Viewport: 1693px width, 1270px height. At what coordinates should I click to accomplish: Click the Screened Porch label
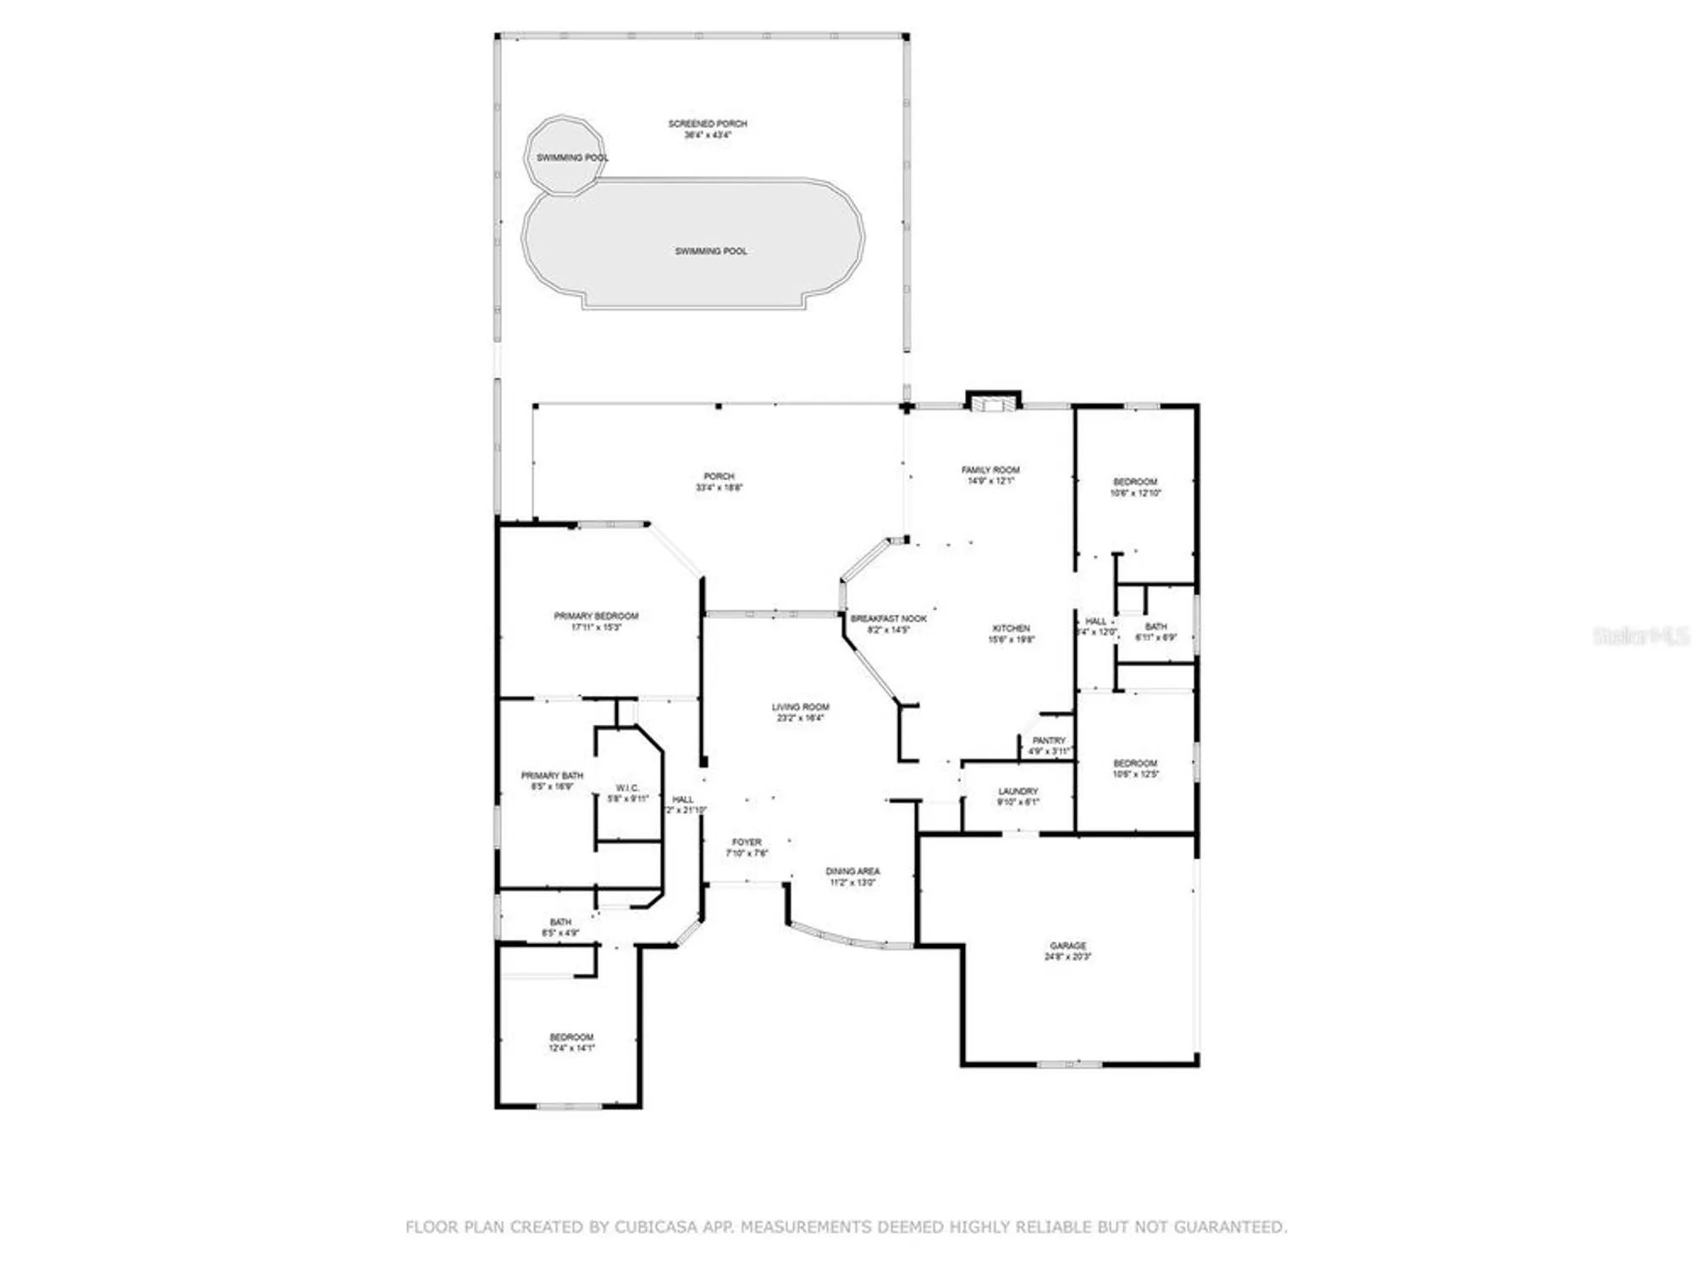tap(708, 124)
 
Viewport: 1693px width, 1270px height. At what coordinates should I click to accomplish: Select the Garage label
tap(1067, 945)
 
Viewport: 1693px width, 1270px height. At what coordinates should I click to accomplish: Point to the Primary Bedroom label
tap(596, 616)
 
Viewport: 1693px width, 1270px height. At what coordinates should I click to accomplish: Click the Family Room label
tap(990, 469)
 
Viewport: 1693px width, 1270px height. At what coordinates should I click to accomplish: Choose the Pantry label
tap(1049, 740)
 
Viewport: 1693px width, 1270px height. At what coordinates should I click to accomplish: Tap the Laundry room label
tap(1017, 791)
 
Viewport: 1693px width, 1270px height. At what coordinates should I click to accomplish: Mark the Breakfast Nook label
tap(888, 619)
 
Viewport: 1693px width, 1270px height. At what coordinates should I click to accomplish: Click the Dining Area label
tap(852, 870)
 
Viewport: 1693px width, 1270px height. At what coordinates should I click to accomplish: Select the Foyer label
tap(747, 842)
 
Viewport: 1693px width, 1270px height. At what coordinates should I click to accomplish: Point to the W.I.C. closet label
tap(627, 787)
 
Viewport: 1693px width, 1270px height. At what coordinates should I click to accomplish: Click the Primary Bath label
tap(552, 775)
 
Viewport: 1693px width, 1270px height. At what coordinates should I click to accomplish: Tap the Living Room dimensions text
tap(800, 718)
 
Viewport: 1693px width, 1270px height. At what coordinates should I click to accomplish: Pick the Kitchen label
tap(1011, 628)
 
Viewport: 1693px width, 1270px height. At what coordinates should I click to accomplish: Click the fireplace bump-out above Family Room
tap(994, 401)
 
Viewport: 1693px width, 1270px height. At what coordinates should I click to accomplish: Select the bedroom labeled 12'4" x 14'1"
tap(571, 1041)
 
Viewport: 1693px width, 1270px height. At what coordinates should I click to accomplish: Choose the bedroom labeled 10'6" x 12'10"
tap(1135, 487)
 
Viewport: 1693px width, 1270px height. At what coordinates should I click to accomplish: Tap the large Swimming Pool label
tap(710, 251)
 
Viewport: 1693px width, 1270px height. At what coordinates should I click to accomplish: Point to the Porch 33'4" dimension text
tap(719, 488)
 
